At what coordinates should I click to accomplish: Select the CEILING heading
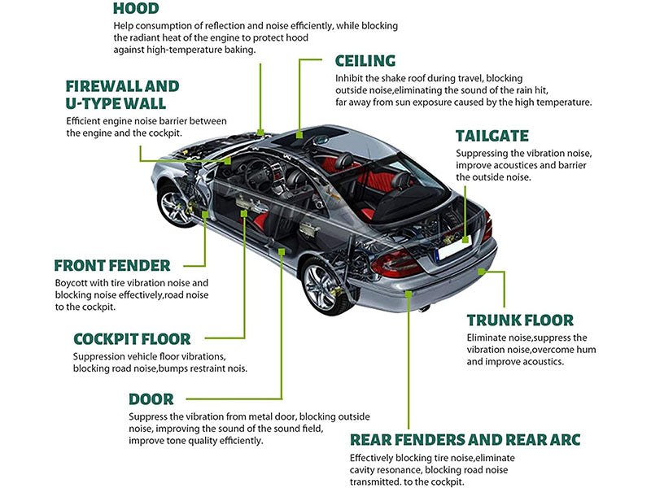(365, 61)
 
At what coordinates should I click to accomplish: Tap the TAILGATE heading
(492, 136)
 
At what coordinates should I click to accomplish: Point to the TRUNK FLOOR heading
(520, 320)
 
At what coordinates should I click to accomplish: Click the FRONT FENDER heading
(112, 265)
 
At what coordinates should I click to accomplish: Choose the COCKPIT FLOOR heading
(132, 338)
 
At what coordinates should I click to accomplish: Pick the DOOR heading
(151, 399)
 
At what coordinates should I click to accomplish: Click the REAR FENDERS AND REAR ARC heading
(465, 440)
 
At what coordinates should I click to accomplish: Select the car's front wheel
(176, 204)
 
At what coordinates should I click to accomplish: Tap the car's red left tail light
(396, 262)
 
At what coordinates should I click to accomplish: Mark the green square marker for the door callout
(282, 251)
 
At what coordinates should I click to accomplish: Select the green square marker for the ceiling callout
(299, 132)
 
